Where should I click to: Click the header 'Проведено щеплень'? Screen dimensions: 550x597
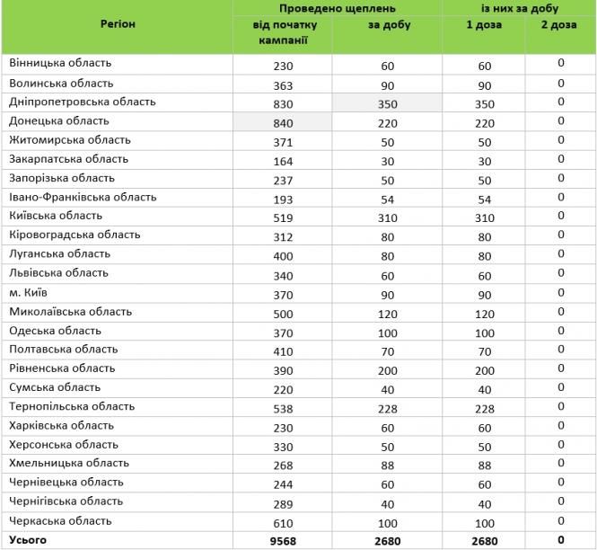[338, 8]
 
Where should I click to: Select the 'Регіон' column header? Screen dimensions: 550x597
[118, 24]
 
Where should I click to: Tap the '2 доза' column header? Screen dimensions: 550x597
[559, 25]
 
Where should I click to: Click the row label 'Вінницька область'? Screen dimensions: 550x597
[59, 63]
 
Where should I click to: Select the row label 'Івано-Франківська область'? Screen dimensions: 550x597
[83, 197]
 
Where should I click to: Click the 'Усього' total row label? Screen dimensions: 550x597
[28, 539]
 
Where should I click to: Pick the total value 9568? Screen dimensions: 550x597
[283, 540]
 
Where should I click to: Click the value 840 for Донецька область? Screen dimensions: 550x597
[283, 121]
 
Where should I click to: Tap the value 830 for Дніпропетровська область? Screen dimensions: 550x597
[283, 102]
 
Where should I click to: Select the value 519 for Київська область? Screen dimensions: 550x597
[283, 217]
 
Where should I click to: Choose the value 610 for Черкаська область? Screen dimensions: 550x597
[283, 521]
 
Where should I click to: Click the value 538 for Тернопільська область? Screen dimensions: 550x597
[283, 407]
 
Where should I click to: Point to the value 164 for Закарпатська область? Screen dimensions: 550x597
[283, 160]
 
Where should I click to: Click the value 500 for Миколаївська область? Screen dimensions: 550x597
[283, 312]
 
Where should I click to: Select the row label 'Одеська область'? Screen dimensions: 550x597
[55, 331]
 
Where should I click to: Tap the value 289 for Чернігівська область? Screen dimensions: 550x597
[283, 502]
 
